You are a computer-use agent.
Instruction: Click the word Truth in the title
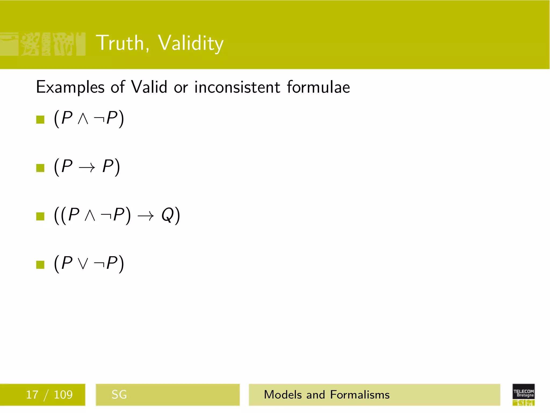(120, 43)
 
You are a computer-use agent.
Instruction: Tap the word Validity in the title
(190, 44)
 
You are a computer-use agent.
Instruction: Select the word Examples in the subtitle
(70, 88)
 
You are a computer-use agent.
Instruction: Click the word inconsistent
(237, 87)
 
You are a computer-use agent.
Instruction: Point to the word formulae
(318, 87)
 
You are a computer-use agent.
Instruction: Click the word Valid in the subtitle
(149, 87)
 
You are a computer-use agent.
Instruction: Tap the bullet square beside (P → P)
(40, 168)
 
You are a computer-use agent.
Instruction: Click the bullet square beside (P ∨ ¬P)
(40, 265)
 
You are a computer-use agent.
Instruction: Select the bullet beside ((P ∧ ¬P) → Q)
(40, 216)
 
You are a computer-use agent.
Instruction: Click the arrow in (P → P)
(87, 168)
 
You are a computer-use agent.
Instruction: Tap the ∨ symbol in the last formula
(83, 264)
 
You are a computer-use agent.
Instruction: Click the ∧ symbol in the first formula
(83, 119)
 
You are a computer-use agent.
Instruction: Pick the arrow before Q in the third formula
(146, 216)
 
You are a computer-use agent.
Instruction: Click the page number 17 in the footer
(32, 395)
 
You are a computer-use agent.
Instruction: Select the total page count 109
(63, 395)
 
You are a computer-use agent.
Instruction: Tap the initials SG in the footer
(119, 395)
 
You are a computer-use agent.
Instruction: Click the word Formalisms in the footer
(360, 395)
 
